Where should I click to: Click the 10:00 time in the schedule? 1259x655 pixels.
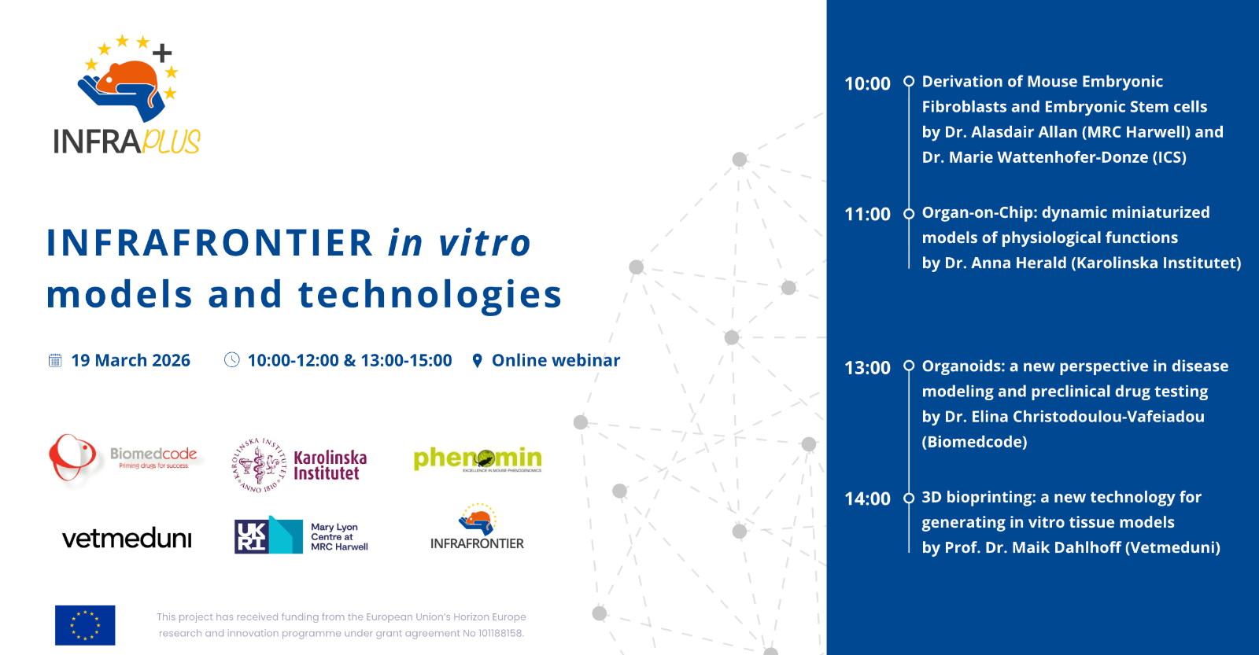pos(867,83)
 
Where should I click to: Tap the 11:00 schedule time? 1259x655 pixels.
pos(867,214)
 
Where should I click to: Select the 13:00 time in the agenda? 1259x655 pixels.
pos(867,368)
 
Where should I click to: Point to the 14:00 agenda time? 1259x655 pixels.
pos(867,499)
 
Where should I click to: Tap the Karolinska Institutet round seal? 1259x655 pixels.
pos(259,465)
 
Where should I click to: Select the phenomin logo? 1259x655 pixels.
pos(478,459)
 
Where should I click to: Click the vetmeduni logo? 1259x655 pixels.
pos(127,539)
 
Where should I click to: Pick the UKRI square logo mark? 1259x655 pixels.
pos(251,536)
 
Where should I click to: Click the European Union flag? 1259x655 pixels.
pos(85,625)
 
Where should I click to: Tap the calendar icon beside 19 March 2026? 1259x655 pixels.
pos(55,360)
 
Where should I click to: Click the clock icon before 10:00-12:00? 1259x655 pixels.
pos(231,359)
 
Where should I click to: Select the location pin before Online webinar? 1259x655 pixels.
pos(477,361)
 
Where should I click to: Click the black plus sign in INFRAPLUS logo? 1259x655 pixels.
pos(162,53)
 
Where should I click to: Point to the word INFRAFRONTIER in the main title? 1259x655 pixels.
pos(209,243)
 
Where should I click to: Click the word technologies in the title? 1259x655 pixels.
pos(430,294)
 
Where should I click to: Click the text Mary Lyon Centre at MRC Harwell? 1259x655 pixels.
pos(339,536)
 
